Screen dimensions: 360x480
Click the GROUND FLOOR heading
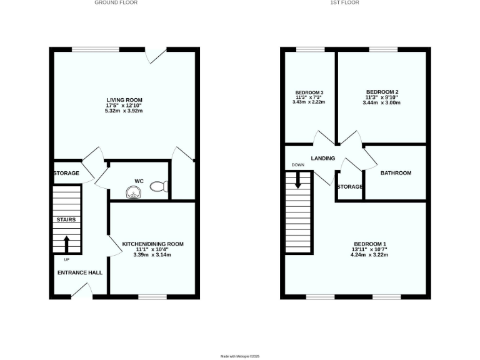(116, 2)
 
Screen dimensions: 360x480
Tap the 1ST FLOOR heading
(345, 2)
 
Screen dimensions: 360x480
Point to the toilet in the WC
(162, 186)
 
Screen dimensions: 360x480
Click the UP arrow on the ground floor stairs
(67, 242)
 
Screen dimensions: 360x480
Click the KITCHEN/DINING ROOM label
(152, 244)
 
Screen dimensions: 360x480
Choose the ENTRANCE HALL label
(80, 272)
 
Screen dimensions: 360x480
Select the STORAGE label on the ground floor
(66, 173)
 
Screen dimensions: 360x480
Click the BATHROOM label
(396, 173)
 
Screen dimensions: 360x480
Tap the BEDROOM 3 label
(309, 92)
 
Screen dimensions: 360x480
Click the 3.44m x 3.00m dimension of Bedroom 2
(381, 102)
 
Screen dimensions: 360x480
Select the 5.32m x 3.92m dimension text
(124, 111)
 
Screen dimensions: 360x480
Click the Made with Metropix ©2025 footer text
(240, 356)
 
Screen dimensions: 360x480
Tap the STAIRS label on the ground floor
(66, 220)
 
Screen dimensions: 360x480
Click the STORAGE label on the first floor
(350, 187)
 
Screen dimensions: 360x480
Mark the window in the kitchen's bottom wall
(152, 297)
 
